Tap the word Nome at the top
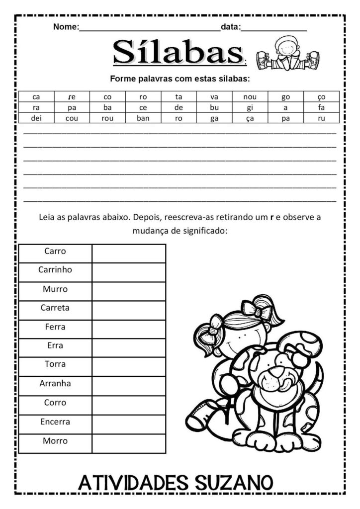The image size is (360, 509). pyautogui.click(x=65, y=27)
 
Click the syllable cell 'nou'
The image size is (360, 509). pyautogui.click(x=250, y=97)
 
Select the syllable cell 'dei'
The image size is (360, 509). pyautogui.click(x=36, y=118)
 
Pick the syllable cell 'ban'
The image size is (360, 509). pyautogui.click(x=143, y=118)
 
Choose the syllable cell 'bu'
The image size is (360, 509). pyautogui.click(x=214, y=107)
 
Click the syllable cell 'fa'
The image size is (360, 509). pyautogui.click(x=321, y=107)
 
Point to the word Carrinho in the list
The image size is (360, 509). pyautogui.click(x=55, y=270)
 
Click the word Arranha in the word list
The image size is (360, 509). pyautogui.click(x=55, y=383)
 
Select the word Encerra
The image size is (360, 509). pyautogui.click(x=55, y=422)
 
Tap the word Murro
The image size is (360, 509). pyautogui.click(x=55, y=289)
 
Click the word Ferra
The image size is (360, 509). pyautogui.click(x=55, y=327)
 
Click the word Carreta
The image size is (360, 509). pyautogui.click(x=55, y=308)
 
